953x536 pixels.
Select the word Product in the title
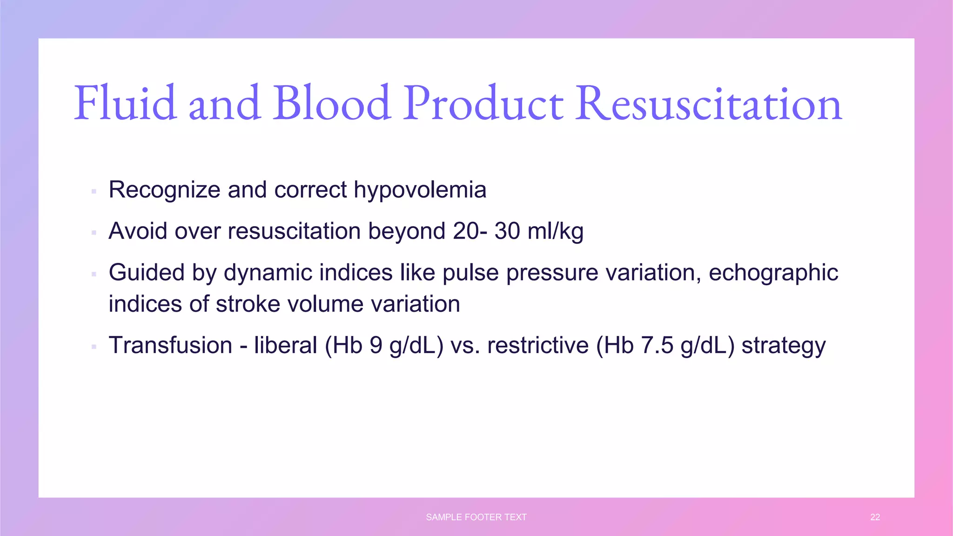coord(483,103)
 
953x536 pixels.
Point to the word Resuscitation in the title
coord(708,103)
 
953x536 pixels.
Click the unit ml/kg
coord(555,231)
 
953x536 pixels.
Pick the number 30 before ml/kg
coord(507,231)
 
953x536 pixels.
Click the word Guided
coord(146,273)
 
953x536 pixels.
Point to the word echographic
coord(773,273)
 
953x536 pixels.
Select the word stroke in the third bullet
coord(248,304)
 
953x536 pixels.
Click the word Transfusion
coord(170,346)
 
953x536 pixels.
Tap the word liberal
coord(285,346)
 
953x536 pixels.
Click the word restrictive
coord(537,346)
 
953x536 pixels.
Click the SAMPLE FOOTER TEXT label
coord(476,517)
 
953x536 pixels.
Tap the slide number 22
coord(875,517)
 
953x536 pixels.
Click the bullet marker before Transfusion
coord(94,347)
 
